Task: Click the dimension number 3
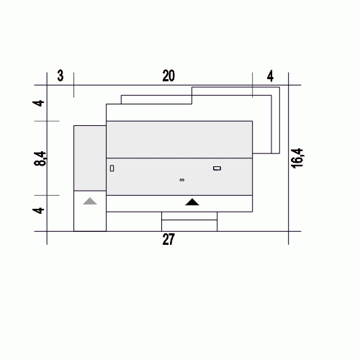(x=60, y=76)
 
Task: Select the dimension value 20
(x=168, y=76)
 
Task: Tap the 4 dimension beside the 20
(x=270, y=76)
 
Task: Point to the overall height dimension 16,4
(x=297, y=158)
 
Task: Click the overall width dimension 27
(x=168, y=239)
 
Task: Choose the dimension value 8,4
(x=40, y=158)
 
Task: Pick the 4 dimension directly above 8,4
(x=38, y=103)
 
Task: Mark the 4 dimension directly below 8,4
(x=38, y=210)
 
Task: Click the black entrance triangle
(x=192, y=202)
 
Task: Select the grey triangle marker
(x=90, y=201)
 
